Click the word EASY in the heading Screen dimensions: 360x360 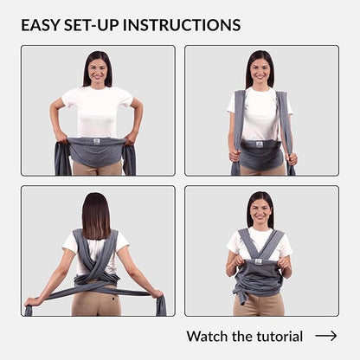pyautogui.click(x=40, y=25)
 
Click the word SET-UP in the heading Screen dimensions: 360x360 pyautogui.click(x=91, y=25)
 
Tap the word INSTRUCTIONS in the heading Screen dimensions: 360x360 pyautogui.click(x=182, y=25)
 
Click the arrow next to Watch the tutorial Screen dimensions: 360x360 pyautogui.click(x=326, y=336)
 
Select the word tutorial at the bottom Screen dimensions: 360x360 pyautogui.click(x=280, y=337)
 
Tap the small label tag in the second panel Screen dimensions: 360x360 pyautogui.click(x=259, y=144)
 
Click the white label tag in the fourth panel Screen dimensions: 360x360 pyautogui.click(x=258, y=261)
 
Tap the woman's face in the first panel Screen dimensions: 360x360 pyautogui.click(x=97, y=71)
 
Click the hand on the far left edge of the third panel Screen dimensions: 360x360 pyautogui.click(x=30, y=302)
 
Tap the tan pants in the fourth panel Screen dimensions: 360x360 pyautogui.click(x=259, y=305)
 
